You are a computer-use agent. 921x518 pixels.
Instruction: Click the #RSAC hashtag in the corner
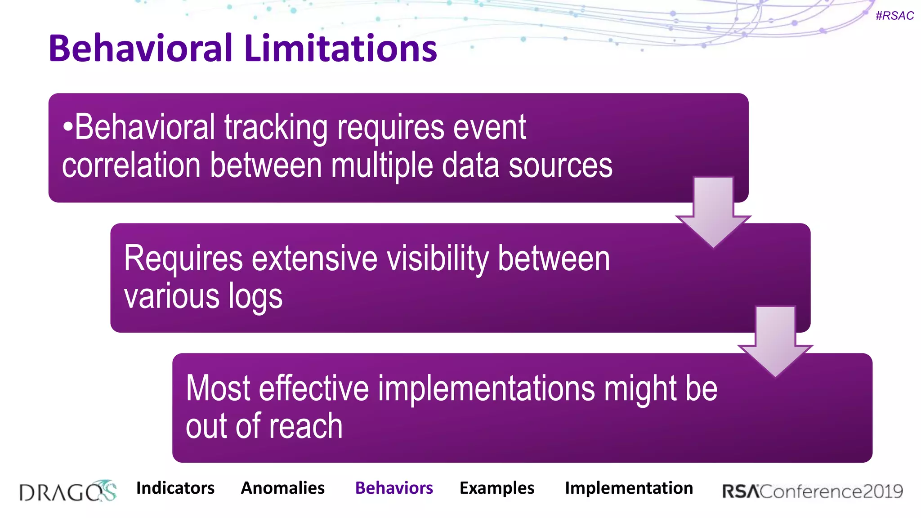tap(894, 16)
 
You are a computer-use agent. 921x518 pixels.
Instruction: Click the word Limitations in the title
tap(341, 48)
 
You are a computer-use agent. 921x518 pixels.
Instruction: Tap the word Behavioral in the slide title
tap(140, 48)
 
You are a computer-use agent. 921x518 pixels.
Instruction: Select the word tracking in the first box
tap(276, 128)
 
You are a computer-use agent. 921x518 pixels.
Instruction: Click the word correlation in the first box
tap(131, 165)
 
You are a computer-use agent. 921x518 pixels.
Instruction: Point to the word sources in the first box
tap(560, 165)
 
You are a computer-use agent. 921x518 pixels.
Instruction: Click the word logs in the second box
tap(255, 297)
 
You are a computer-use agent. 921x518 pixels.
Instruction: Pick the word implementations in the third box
tap(486, 388)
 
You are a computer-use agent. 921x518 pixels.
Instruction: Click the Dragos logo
tap(68, 491)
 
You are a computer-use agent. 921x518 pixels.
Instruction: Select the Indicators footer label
tap(175, 488)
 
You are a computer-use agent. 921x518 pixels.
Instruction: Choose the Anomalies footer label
tap(282, 488)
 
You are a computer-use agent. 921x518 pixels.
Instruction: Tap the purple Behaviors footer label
tap(394, 488)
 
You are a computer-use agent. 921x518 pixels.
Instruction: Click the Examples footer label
tap(496, 488)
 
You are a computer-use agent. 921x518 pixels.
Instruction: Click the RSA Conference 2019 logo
tap(812, 491)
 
